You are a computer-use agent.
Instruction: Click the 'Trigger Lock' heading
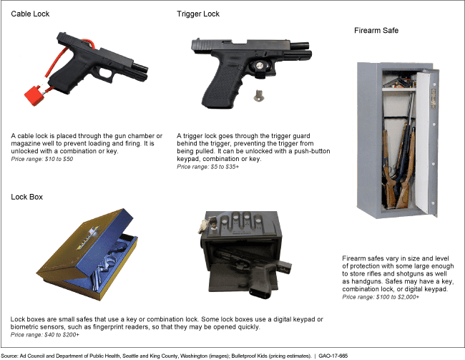coord(197,14)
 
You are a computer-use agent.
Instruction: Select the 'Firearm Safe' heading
coord(376,31)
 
